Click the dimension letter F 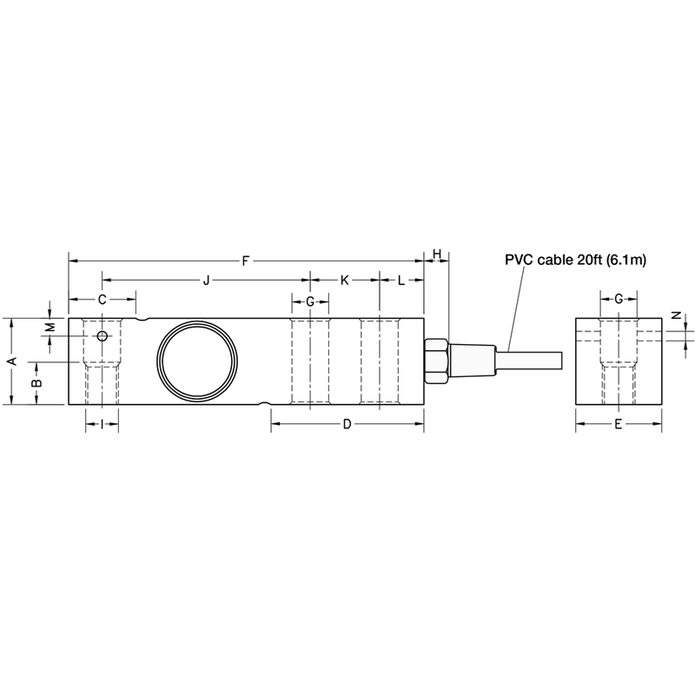pyautogui.click(x=246, y=260)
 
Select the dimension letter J pyautogui.click(x=206, y=281)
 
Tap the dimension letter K pyautogui.click(x=344, y=281)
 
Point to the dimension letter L pyautogui.click(x=401, y=281)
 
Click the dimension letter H pyautogui.click(x=437, y=254)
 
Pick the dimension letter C pyautogui.click(x=102, y=299)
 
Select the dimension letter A pyautogui.click(x=11, y=361)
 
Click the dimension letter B pyautogui.click(x=36, y=383)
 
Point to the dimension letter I pyautogui.click(x=102, y=424)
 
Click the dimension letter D pyautogui.click(x=346, y=424)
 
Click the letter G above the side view pyautogui.click(x=310, y=300)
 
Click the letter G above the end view pyautogui.click(x=618, y=299)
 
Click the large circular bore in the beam pyautogui.click(x=196, y=361)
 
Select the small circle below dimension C pyautogui.click(x=103, y=336)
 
